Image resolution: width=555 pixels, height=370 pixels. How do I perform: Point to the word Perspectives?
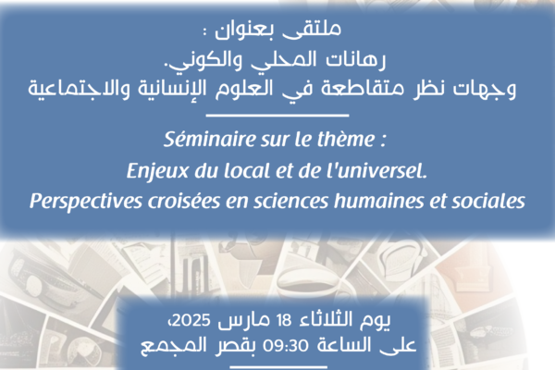(86, 202)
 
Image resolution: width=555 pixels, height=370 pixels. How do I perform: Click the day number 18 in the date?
(284, 320)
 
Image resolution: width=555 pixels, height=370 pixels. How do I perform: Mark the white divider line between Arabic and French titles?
(277, 116)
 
